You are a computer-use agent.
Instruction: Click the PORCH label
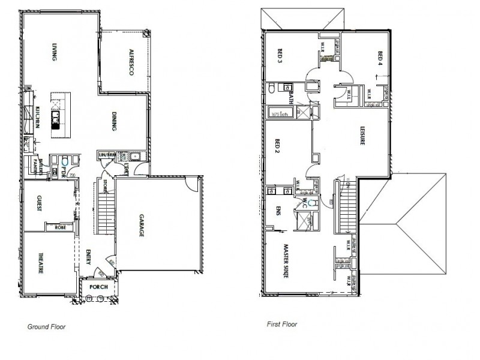98,286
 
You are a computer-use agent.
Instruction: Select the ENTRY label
88,256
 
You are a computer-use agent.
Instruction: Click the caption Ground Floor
46,328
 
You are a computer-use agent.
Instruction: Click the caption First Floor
281,324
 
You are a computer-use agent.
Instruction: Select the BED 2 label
277,147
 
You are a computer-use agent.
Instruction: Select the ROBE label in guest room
61,227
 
